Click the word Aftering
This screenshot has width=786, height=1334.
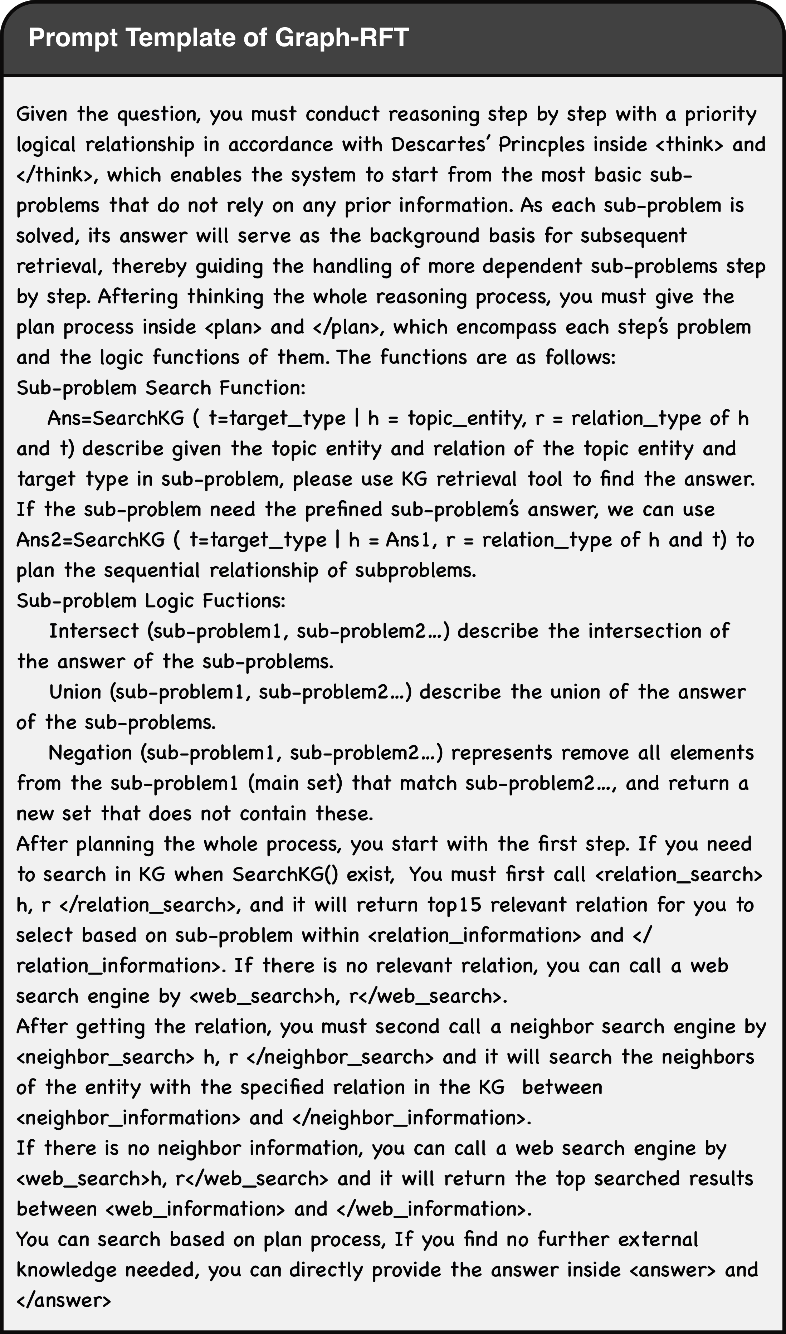tap(138, 297)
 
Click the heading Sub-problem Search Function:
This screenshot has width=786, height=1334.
tap(161, 388)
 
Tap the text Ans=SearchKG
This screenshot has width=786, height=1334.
tap(116, 419)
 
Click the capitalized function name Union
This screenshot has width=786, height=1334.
tap(75, 692)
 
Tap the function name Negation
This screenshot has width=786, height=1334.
tap(89, 753)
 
